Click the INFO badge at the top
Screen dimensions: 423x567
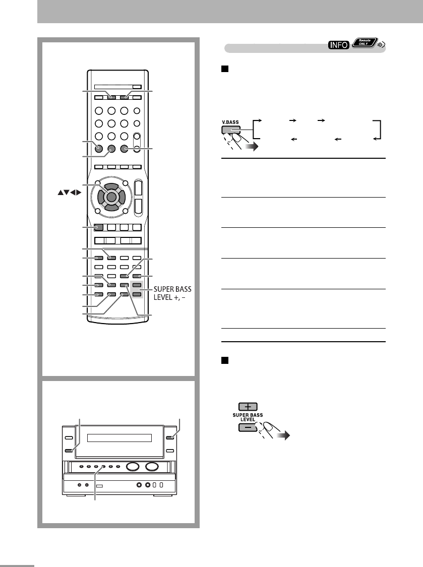339,45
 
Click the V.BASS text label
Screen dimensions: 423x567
230,122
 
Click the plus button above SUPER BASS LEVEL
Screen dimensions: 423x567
245,406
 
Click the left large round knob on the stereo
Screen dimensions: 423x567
133,467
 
